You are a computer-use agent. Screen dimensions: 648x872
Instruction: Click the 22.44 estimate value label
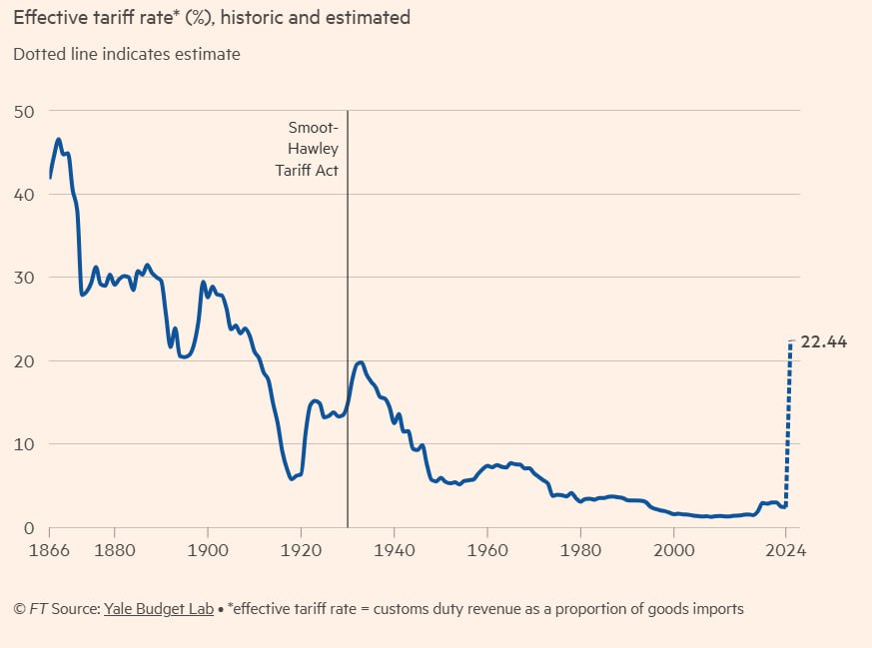coord(824,341)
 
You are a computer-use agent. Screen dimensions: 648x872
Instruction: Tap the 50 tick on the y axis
coord(23,111)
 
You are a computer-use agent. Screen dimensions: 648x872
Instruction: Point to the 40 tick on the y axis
coord(23,194)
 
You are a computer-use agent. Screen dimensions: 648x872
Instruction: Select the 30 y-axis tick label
coord(23,278)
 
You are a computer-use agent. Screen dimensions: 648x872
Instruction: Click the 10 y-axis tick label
coord(23,443)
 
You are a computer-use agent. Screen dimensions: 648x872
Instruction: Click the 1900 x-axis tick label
coord(207,548)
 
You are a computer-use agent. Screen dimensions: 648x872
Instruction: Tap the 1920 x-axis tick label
coord(301,548)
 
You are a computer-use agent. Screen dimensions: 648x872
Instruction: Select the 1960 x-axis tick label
coord(486,548)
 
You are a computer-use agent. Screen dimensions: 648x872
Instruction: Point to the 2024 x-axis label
coord(786,548)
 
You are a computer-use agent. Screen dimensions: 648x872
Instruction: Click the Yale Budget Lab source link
coord(159,609)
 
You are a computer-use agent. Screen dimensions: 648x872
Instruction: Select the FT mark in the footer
coord(40,609)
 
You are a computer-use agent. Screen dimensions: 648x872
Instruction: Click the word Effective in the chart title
coord(48,18)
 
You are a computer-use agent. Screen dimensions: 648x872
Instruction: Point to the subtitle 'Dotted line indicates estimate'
coord(127,54)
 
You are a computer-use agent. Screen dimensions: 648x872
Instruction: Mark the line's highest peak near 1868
coord(59,140)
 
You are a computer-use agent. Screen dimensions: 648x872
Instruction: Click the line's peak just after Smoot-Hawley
coord(360,362)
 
